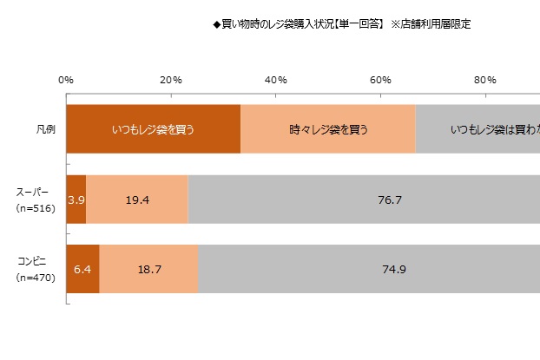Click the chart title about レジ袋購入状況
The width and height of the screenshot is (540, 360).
tap(342, 24)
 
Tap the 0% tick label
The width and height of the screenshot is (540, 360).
tap(66, 80)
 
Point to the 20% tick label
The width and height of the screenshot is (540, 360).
tap(171, 80)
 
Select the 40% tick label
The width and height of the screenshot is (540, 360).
tap(275, 80)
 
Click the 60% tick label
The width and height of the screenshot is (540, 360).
tap(380, 80)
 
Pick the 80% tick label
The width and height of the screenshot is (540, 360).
tap(484, 80)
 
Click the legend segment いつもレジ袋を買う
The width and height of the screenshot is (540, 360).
tap(153, 129)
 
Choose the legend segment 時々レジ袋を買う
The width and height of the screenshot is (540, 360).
tap(328, 129)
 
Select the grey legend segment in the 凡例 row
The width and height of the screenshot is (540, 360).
tap(477, 129)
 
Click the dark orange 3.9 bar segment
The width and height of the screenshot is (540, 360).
tap(76, 200)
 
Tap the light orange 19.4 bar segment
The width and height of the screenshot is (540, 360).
tap(137, 200)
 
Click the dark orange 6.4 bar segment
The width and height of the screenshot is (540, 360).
tap(82, 269)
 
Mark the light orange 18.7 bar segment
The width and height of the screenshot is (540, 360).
tap(148, 269)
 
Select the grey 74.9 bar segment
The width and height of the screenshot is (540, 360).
tap(369, 269)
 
